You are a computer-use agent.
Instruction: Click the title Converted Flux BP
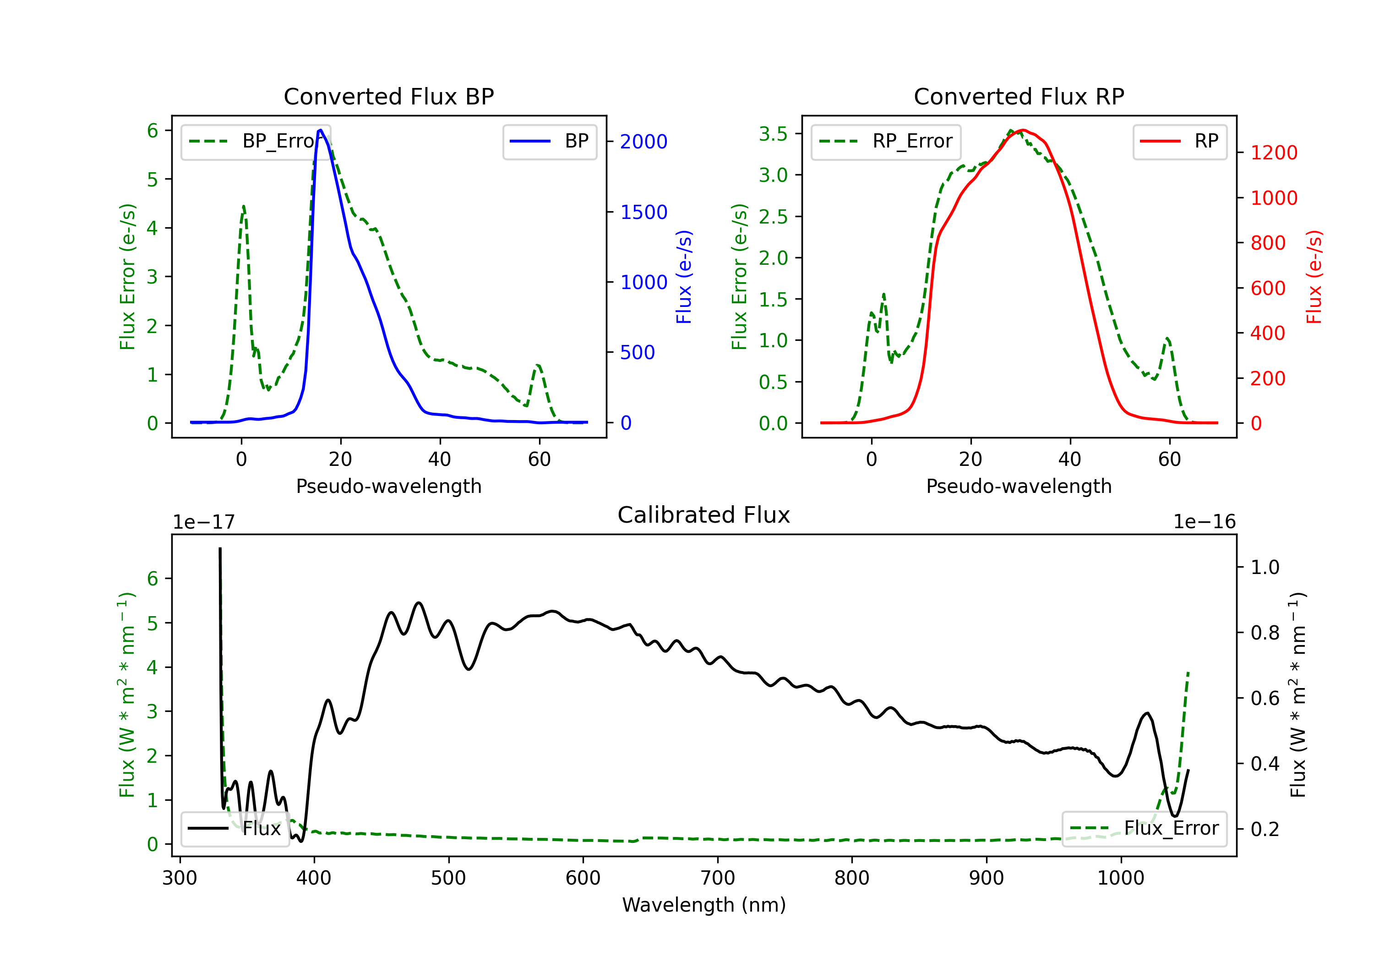click(388, 96)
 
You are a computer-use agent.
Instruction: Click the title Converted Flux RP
click(1019, 96)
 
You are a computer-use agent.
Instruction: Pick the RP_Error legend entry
click(886, 141)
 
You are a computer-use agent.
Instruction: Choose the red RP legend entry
click(1179, 141)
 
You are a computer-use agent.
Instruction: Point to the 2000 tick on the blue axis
click(643, 142)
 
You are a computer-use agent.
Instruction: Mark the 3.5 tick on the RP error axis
click(773, 133)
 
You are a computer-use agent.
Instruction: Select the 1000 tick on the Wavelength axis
click(1120, 878)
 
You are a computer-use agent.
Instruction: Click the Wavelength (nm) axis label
click(704, 905)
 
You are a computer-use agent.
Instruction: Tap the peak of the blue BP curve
click(321, 130)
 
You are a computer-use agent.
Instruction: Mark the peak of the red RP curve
click(1023, 130)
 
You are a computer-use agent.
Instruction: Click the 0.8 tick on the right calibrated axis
click(1265, 633)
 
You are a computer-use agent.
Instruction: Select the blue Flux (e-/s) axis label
click(684, 277)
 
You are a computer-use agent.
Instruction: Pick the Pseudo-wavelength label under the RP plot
click(1019, 486)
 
